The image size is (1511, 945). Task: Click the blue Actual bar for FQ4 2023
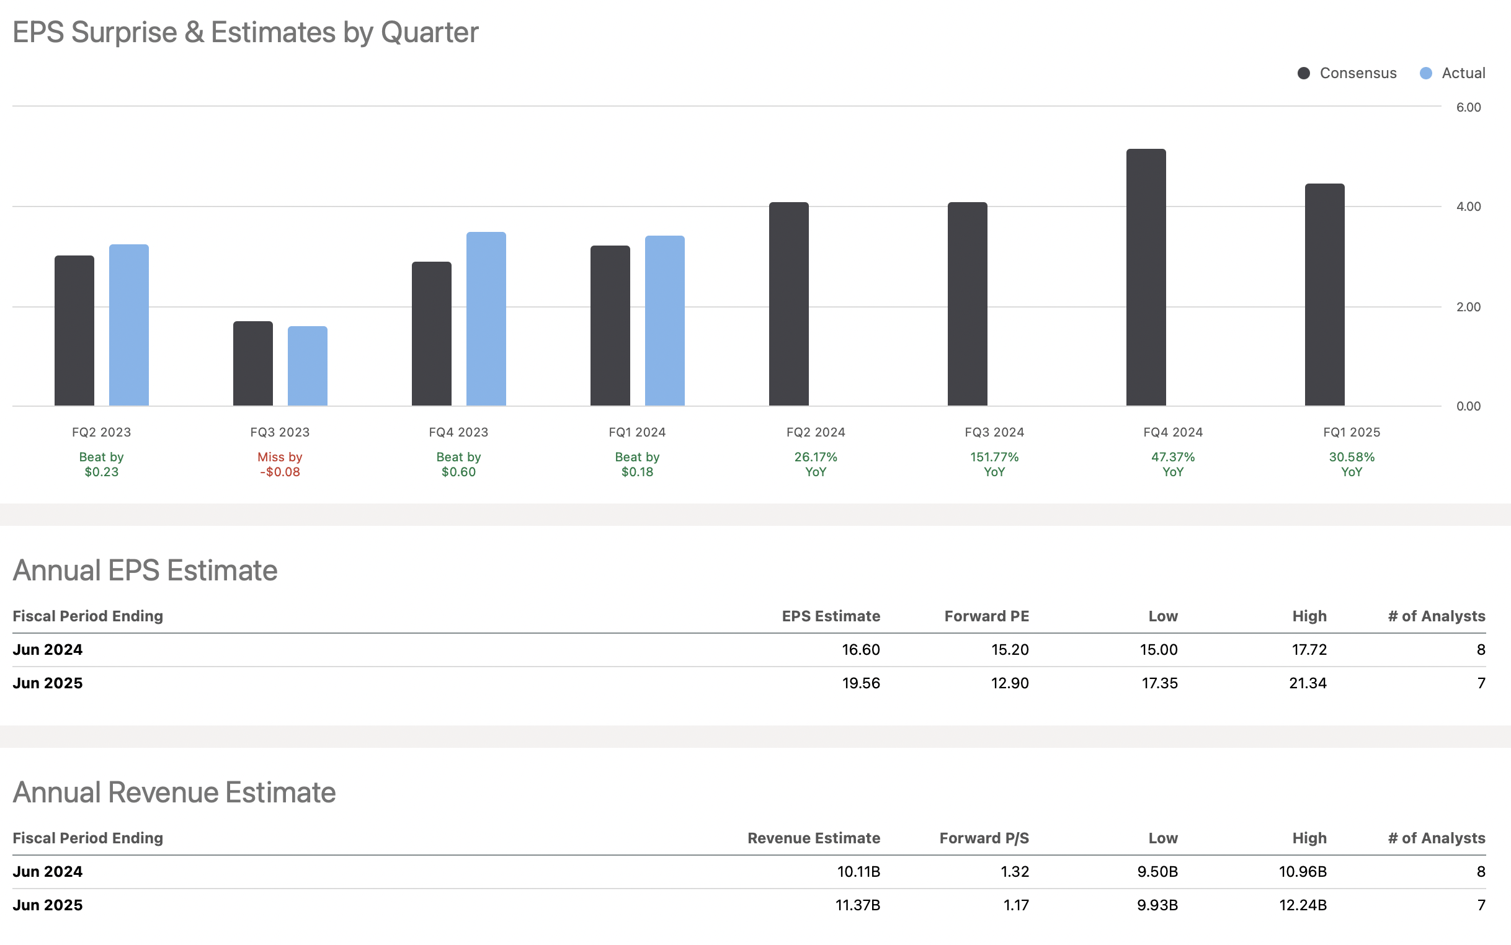coord(486,319)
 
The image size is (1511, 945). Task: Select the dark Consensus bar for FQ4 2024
coord(1145,278)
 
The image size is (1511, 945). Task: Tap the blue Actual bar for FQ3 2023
coord(307,366)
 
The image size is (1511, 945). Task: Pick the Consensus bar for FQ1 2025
coord(1324,295)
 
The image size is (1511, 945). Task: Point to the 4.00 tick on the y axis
coord(1467,206)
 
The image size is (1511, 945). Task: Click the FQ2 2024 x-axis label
coord(815,432)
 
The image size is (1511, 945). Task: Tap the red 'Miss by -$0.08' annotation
coord(280,464)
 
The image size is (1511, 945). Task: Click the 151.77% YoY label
coord(994,464)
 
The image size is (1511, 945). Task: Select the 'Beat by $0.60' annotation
coord(458,464)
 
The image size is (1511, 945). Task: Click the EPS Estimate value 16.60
coord(860,649)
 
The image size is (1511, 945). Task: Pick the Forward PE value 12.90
coord(1009,683)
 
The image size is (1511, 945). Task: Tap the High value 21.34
coord(1307,683)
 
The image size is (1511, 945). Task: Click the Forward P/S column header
coord(983,838)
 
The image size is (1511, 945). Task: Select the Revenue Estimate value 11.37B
coord(857,904)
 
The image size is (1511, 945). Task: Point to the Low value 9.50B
coord(1157,871)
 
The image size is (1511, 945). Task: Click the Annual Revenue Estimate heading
coord(174,792)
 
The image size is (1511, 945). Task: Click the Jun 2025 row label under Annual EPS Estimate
coord(48,683)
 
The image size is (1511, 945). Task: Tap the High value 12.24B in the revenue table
coord(1302,904)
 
